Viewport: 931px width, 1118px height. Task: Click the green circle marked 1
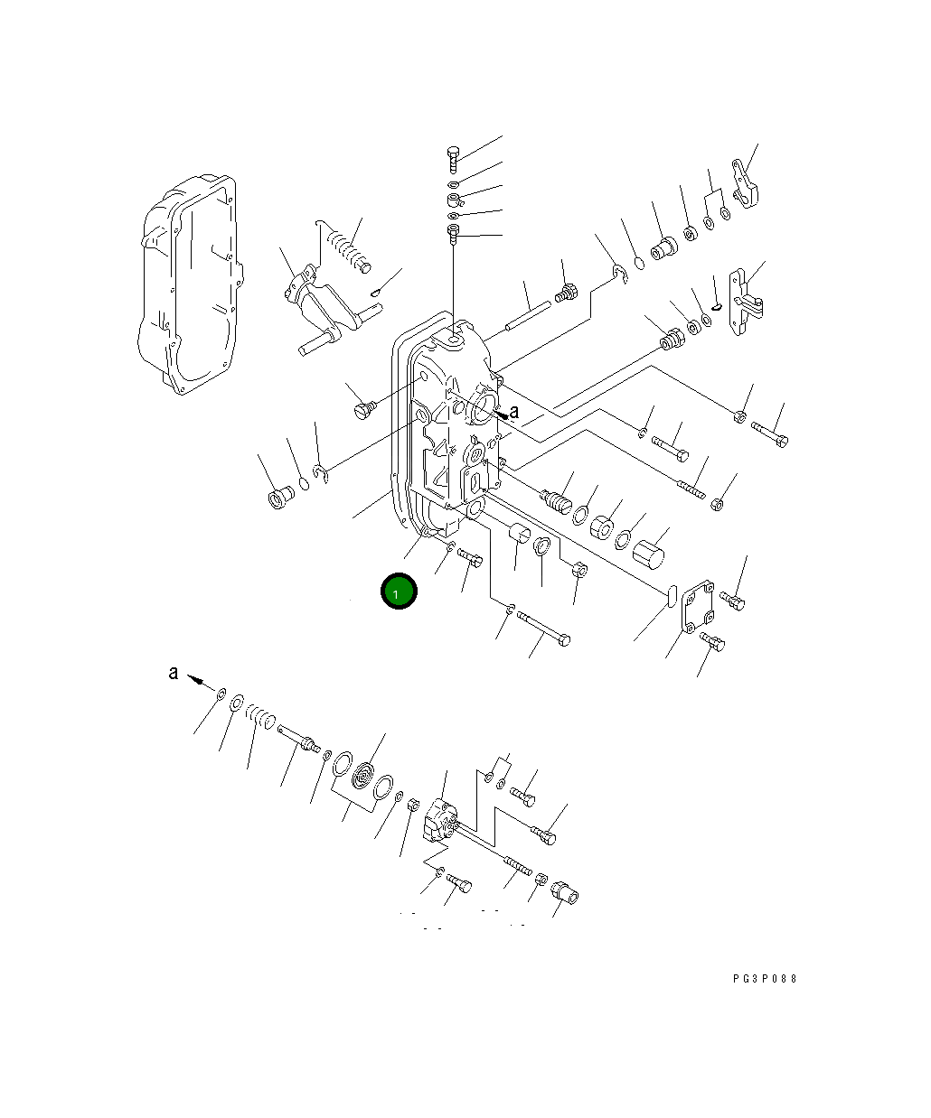399,592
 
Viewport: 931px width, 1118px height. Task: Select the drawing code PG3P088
765,978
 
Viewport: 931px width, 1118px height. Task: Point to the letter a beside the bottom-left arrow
174,673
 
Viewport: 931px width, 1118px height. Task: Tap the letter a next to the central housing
515,412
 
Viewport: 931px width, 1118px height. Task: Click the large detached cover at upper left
190,284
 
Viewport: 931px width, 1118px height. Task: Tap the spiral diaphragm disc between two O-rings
364,776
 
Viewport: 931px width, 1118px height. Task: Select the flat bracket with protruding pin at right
748,303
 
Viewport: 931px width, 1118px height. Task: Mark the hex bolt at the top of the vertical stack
454,160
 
